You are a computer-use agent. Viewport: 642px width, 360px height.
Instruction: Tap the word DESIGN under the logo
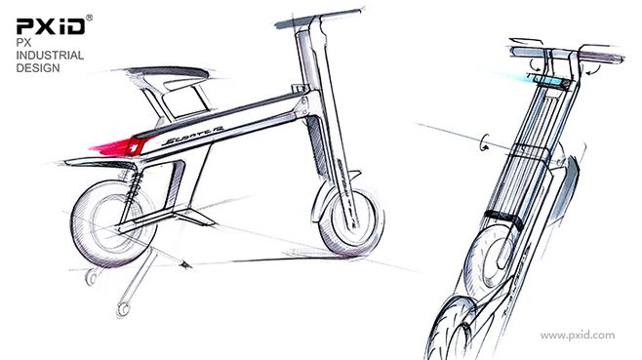tap(36, 69)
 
